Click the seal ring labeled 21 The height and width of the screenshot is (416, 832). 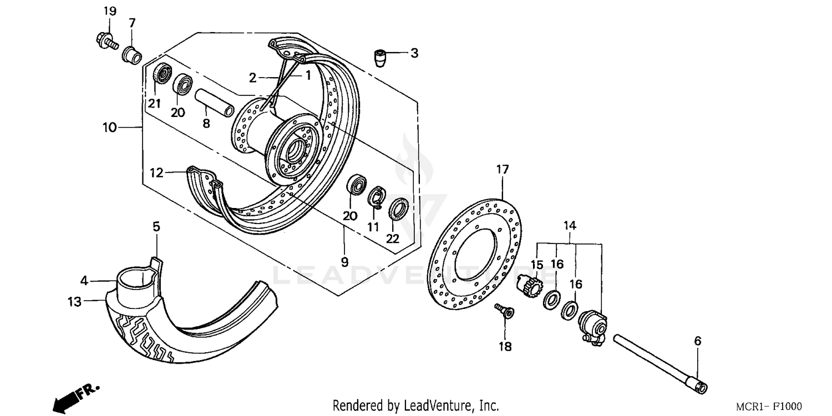pos(162,75)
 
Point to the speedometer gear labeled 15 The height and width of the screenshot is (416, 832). pos(531,286)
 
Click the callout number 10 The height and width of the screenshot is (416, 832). pos(109,128)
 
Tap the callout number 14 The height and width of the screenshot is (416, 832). pos(570,226)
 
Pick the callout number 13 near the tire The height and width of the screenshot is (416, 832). pos(74,302)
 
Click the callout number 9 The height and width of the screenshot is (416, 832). pos(344,262)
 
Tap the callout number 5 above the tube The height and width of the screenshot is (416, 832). pos(156,226)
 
